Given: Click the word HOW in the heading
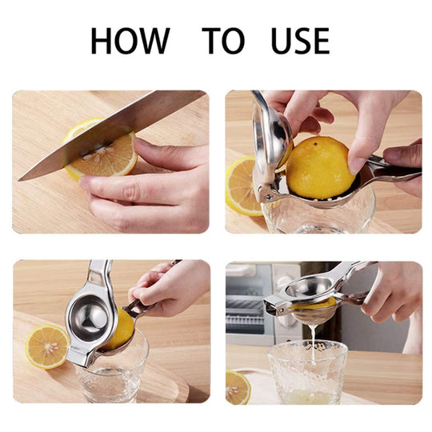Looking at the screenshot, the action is click(130, 41).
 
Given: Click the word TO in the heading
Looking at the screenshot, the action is click(223, 41).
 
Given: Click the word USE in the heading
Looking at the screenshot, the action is click(300, 41).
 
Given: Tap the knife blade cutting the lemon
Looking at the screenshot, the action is click(110, 135).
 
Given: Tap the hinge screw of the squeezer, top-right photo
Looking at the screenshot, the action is click(268, 197).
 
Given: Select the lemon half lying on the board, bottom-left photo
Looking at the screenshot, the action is click(47, 346).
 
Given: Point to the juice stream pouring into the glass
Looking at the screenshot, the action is click(313, 343).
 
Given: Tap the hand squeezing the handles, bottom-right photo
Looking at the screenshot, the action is click(391, 292).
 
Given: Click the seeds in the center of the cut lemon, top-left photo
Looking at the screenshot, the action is click(98, 153).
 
